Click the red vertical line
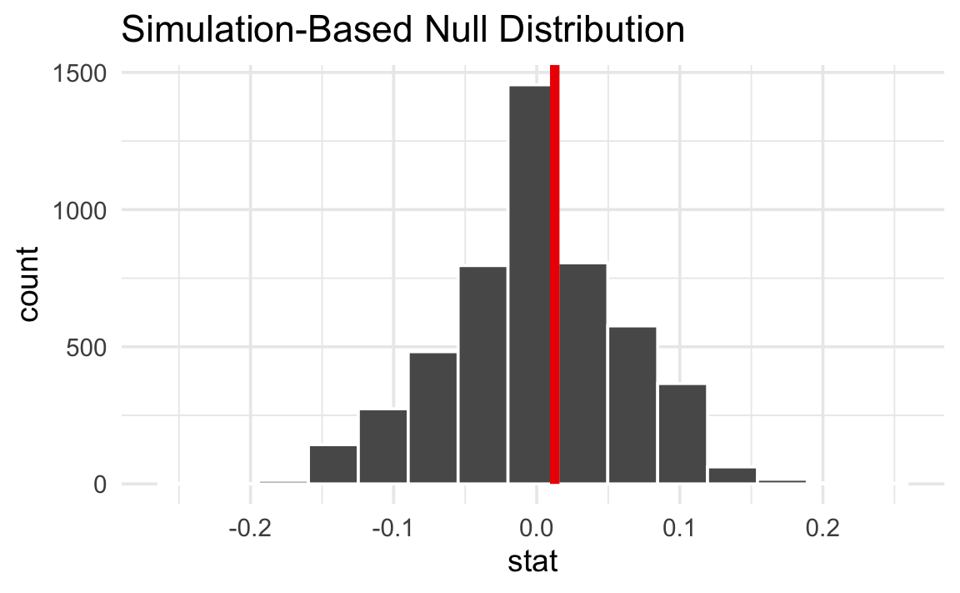pyautogui.click(x=554, y=275)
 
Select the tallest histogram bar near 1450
pyautogui.click(x=529, y=284)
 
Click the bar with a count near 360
pyautogui.click(x=682, y=434)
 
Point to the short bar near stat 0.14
pyautogui.click(x=732, y=475)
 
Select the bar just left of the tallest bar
pyautogui.click(x=482, y=375)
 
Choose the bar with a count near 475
pyautogui.click(x=432, y=418)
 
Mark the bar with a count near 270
pyautogui.click(x=383, y=446)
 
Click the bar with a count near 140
pyautogui.click(x=333, y=465)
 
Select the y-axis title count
pyautogui.click(x=28, y=281)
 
